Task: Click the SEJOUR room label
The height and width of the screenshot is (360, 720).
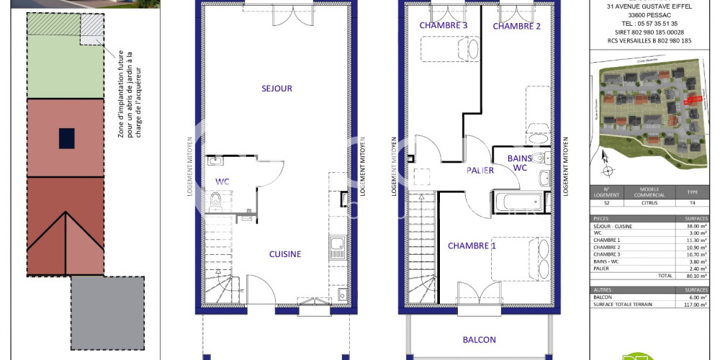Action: tap(276, 89)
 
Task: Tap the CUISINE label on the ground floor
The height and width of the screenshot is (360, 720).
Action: tap(285, 254)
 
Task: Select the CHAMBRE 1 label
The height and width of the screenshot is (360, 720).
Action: tap(472, 246)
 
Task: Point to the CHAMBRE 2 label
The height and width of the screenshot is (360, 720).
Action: tap(516, 27)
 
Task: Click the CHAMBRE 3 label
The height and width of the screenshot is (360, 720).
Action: tap(444, 26)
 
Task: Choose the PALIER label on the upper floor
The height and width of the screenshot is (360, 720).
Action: tap(480, 171)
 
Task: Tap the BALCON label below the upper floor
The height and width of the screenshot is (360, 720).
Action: tap(480, 340)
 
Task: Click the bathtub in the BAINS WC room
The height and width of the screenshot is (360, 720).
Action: tap(519, 202)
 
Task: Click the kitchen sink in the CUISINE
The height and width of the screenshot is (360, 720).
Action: tap(336, 248)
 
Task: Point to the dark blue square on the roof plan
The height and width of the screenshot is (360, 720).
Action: tap(66, 137)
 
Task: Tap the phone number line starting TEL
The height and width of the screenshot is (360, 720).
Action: tap(642, 23)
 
